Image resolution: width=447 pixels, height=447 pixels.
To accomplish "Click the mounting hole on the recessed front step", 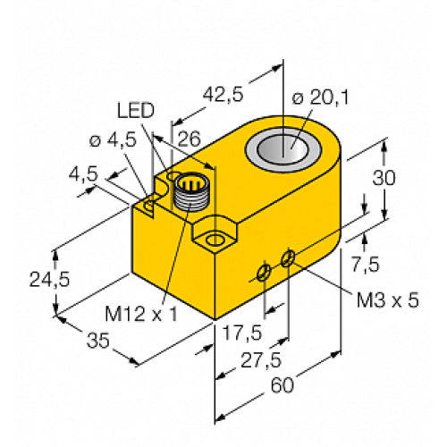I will coord(215,240).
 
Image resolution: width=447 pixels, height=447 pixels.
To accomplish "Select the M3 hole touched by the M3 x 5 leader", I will coord(288,258).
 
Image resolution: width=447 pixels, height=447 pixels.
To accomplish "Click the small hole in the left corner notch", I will coord(149,207).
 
